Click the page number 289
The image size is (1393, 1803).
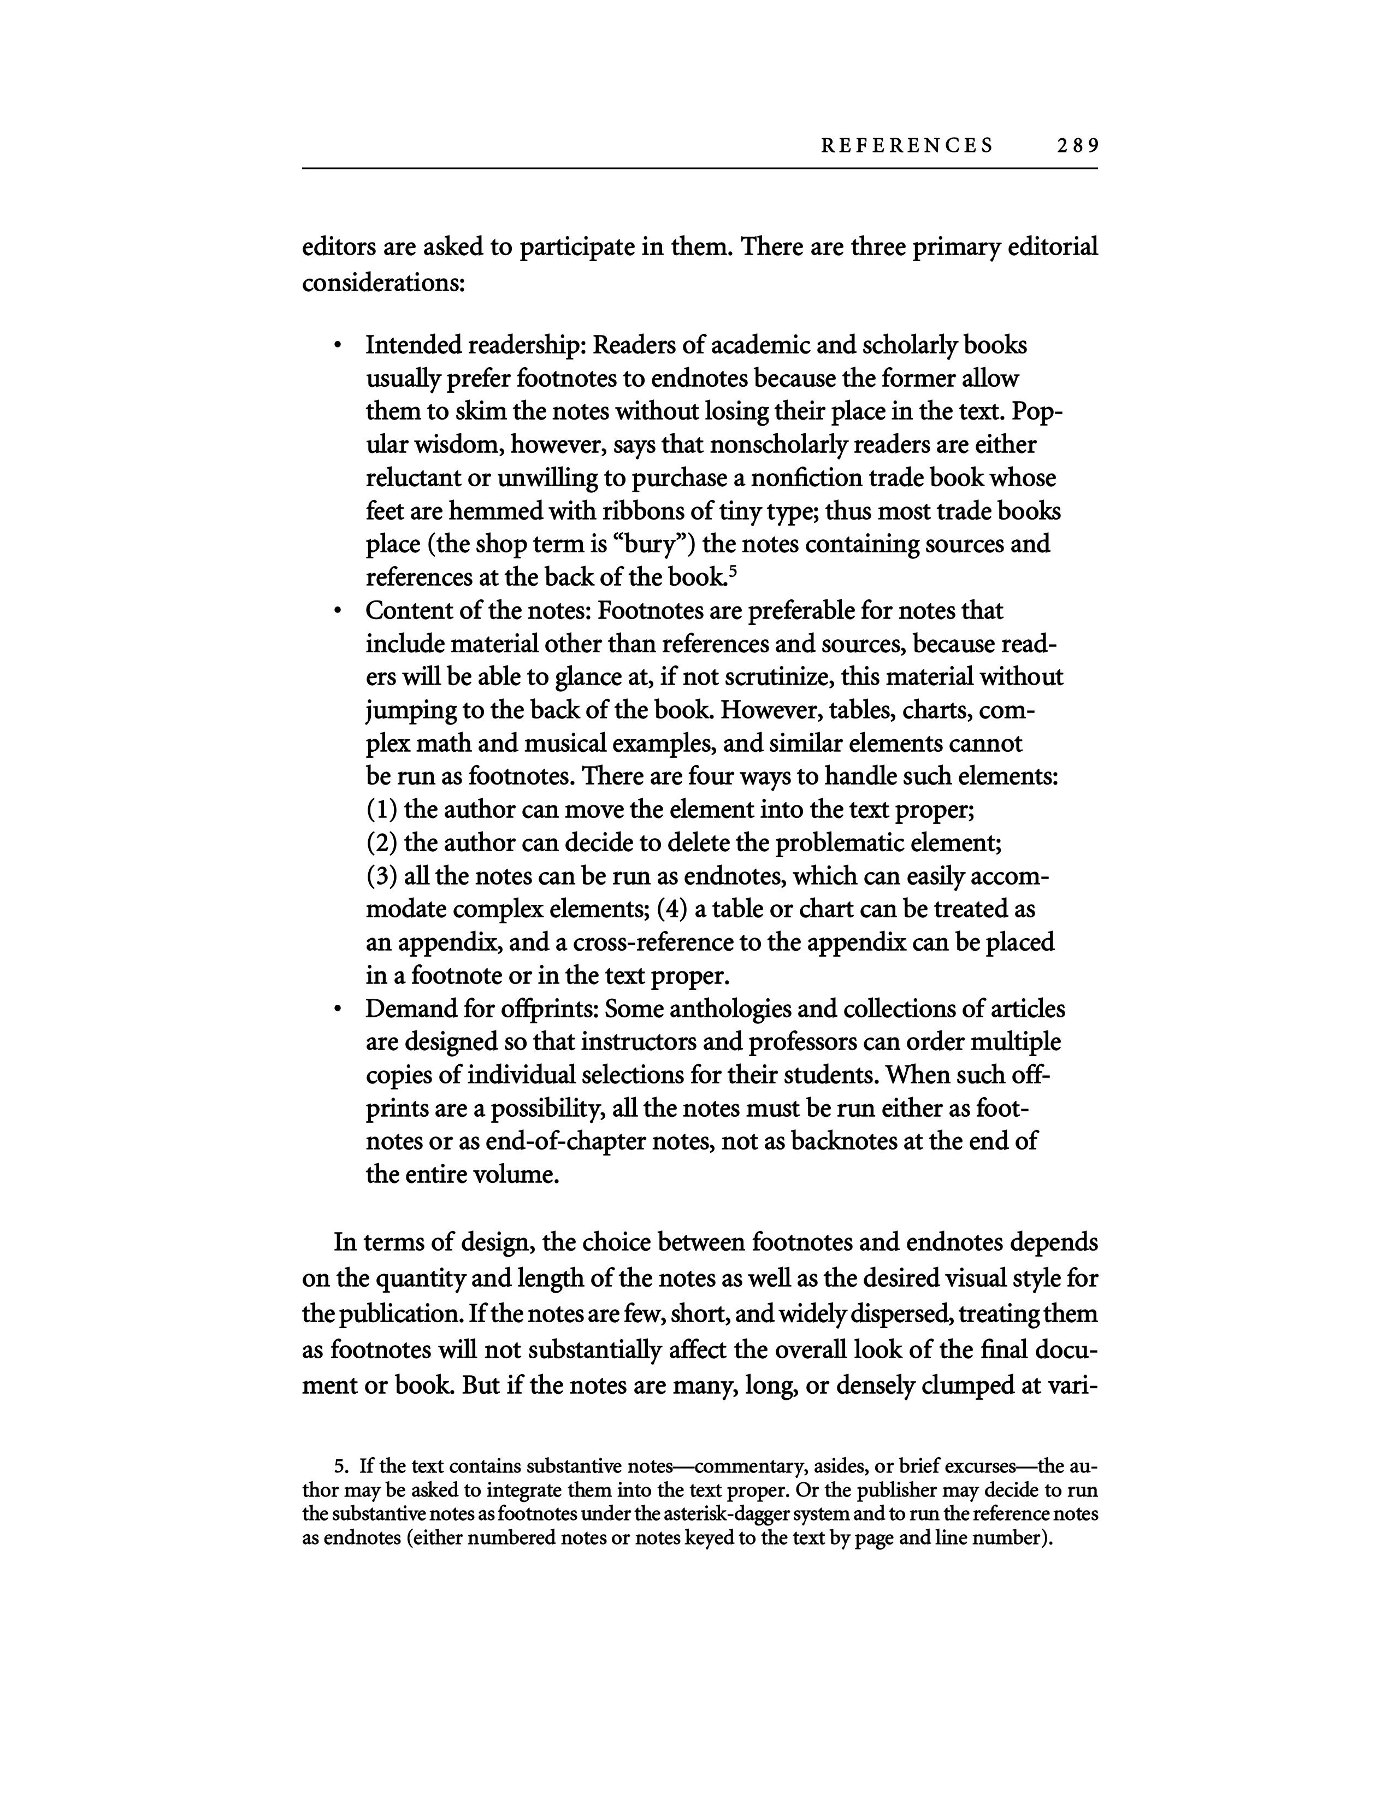[x=1077, y=146]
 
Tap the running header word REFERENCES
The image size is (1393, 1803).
[x=907, y=146]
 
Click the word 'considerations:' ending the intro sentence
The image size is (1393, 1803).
[x=383, y=283]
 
